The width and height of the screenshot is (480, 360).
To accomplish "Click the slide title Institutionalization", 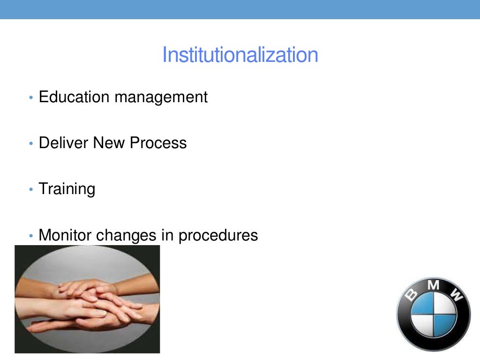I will [x=240, y=55].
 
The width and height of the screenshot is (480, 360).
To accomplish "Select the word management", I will [x=161, y=97].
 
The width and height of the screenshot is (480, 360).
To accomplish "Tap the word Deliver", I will [x=63, y=142].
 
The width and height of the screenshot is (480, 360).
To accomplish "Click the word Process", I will [x=158, y=142].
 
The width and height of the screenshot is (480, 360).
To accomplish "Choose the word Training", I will [x=67, y=189].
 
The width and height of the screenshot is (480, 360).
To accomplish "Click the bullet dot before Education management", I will [x=31, y=98].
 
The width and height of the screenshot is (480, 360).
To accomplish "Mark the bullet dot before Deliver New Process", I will [x=31, y=144].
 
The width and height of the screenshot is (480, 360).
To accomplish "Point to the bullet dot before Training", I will [x=31, y=190].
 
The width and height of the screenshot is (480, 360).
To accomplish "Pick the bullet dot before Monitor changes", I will [x=31, y=236].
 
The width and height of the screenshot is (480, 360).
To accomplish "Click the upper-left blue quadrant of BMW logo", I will [x=423, y=304].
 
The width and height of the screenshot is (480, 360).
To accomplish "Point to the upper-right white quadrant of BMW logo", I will [x=444, y=304].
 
